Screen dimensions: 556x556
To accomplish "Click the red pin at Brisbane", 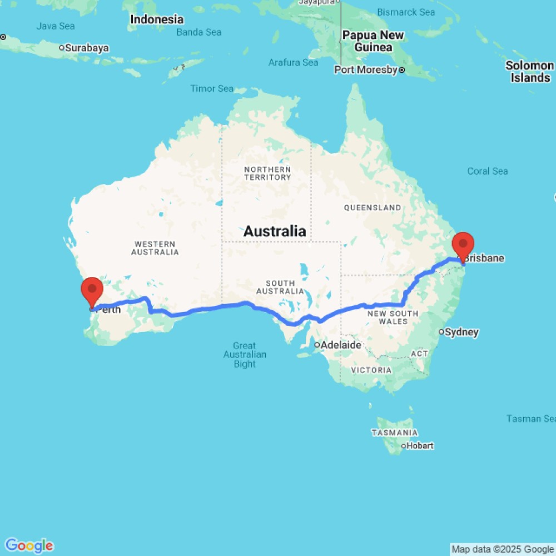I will [463, 245].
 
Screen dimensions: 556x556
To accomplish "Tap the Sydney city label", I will [461, 332].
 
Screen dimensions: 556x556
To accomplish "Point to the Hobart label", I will [420, 445].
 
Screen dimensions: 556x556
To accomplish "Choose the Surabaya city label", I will [86, 48].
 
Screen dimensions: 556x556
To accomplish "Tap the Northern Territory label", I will [267, 173].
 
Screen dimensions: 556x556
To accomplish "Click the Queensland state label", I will [373, 207].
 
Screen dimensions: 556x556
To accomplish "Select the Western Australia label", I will [155, 248].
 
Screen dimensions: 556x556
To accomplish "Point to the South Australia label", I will [280, 287].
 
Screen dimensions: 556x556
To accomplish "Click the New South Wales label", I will [393, 317].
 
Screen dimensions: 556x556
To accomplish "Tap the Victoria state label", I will [371, 370].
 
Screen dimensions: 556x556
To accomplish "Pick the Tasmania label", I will [394, 433].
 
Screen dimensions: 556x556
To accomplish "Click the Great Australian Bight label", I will [245, 355].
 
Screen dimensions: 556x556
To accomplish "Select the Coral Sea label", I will [488, 171].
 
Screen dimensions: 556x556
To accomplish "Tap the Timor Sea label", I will [212, 88].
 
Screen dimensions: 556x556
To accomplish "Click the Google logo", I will [29, 545].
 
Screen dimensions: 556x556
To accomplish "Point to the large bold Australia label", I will [275, 231].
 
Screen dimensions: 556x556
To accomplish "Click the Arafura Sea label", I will [293, 62].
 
